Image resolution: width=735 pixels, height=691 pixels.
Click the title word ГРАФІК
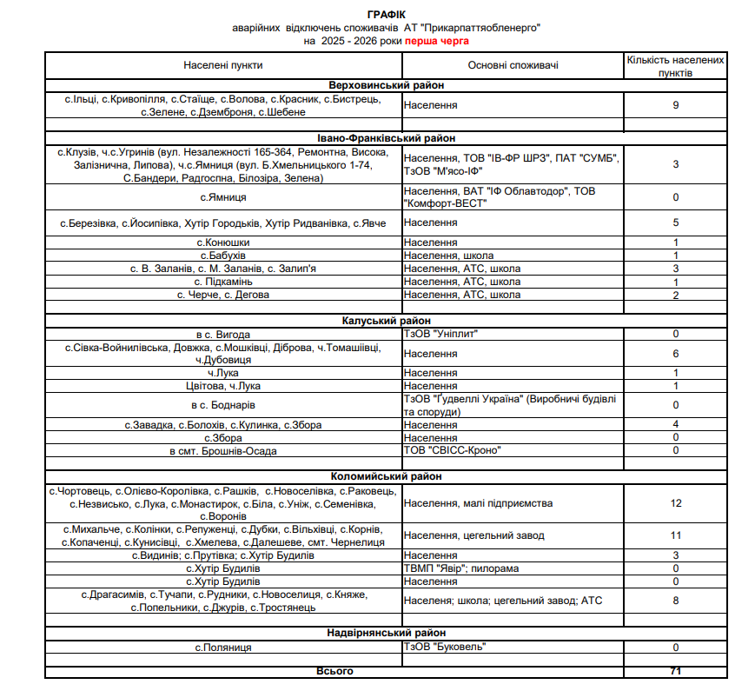(x=387, y=15)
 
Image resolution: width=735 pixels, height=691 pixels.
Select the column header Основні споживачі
(x=513, y=65)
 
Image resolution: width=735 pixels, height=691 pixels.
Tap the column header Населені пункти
(x=223, y=65)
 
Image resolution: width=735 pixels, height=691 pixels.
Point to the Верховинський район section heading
(x=387, y=85)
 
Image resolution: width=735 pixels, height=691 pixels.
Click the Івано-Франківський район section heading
(x=387, y=138)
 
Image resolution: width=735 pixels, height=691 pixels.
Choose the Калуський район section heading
(x=387, y=322)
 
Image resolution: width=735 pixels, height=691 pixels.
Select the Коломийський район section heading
(x=387, y=477)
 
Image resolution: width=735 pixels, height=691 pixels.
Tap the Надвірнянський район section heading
(x=387, y=633)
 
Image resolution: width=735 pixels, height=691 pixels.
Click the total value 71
(x=675, y=671)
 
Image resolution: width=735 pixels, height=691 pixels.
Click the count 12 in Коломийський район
(x=675, y=503)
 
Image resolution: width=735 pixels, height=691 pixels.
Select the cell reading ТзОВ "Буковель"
(x=445, y=647)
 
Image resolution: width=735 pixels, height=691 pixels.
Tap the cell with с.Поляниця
(x=223, y=647)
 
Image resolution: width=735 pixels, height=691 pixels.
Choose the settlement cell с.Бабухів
(x=223, y=256)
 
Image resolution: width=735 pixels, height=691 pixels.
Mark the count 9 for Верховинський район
(x=675, y=105)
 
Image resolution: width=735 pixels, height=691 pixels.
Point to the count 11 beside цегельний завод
(x=675, y=535)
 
